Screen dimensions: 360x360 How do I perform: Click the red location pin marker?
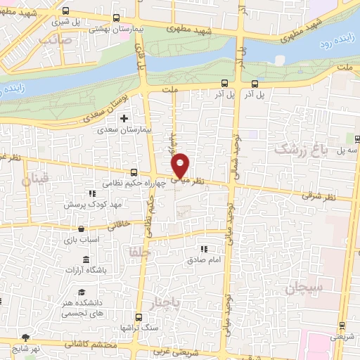point(181,165)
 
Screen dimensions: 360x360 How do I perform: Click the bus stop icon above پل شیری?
point(65,11)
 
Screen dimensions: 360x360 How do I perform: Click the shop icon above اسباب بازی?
point(82,229)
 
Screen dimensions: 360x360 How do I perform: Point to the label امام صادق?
point(205,259)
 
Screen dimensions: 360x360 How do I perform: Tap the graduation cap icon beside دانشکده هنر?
point(82,291)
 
